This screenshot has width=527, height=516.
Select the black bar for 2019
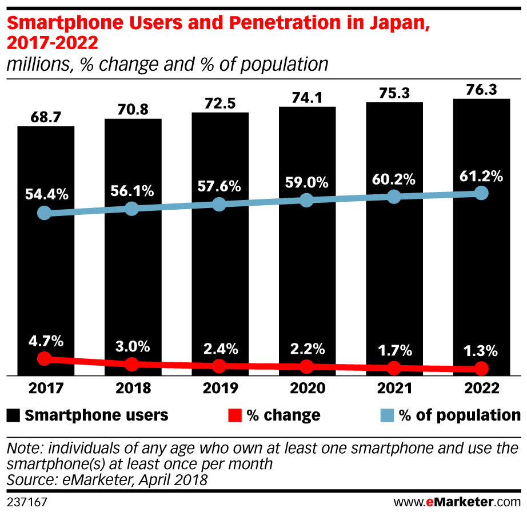[x=220, y=274]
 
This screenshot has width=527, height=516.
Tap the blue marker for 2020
[x=307, y=200]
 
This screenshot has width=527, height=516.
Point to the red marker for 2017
[x=44, y=359]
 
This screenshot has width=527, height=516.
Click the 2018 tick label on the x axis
[x=133, y=389]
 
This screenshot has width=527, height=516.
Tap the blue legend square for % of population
[x=388, y=415]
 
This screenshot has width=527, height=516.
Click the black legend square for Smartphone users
[x=13, y=415]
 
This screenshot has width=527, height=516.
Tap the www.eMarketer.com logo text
[x=457, y=502]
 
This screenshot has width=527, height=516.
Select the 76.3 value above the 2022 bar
[x=481, y=90]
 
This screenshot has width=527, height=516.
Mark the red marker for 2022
[x=482, y=368]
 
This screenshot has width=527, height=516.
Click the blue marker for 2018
[x=132, y=209]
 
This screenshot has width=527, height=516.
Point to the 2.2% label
[x=307, y=349]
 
